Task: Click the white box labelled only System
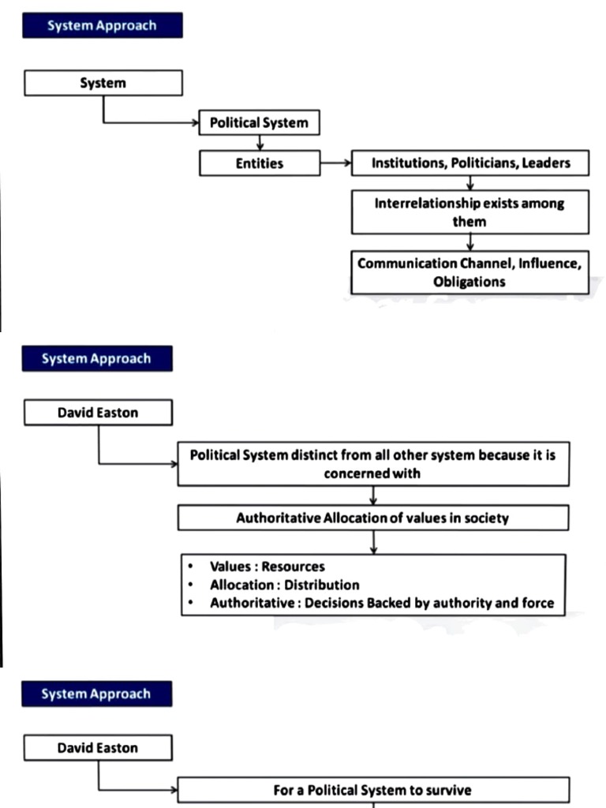(x=103, y=83)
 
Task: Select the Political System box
(x=259, y=124)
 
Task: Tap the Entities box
(x=259, y=164)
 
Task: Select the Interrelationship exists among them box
(x=469, y=212)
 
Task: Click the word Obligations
(x=469, y=282)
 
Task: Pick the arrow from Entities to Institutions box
(x=335, y=164)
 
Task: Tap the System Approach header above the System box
(x=103, y=25)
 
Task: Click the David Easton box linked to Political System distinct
(x=98, y=413)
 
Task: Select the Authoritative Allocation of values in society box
(x=372, y=518)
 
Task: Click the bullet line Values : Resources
(x=267, y=567)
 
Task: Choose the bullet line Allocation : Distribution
(x=284, y=585)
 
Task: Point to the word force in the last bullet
(x=539, y=604)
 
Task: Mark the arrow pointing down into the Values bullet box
(x=372, y=542)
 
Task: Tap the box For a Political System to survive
(x=372, y=789)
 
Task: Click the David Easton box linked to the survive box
(x=98, y=748)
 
